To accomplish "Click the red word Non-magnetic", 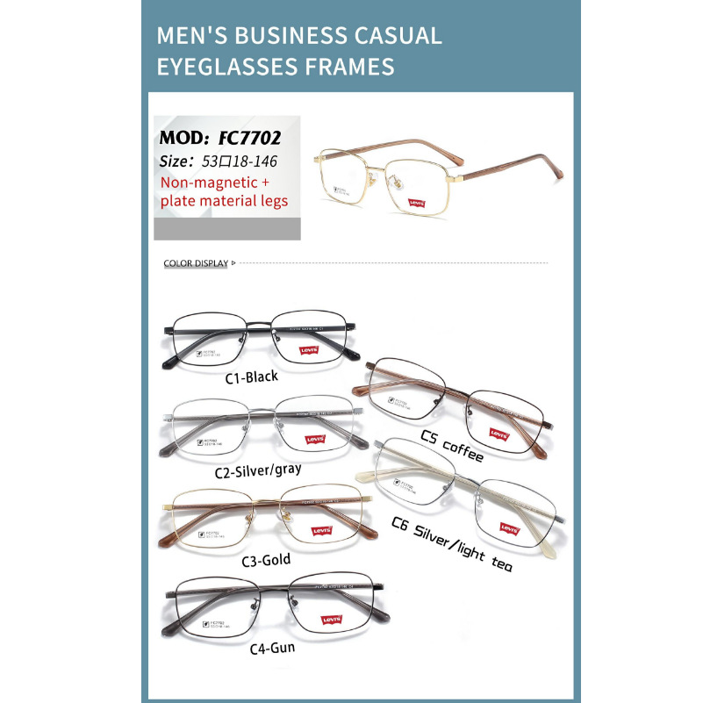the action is pyautogui.click(x=209, y=182).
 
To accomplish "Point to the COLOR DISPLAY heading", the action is pyautogui.click(x=196, y=263).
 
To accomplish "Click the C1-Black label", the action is pyautogui.click(x=251, y=377).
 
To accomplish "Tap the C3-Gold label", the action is pyautogui.click(x=265, y=559).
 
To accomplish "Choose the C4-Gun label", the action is pyautogui.click(x=271, y=648).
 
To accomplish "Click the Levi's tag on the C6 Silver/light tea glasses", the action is pyautogui.click(x=509, y=528).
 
